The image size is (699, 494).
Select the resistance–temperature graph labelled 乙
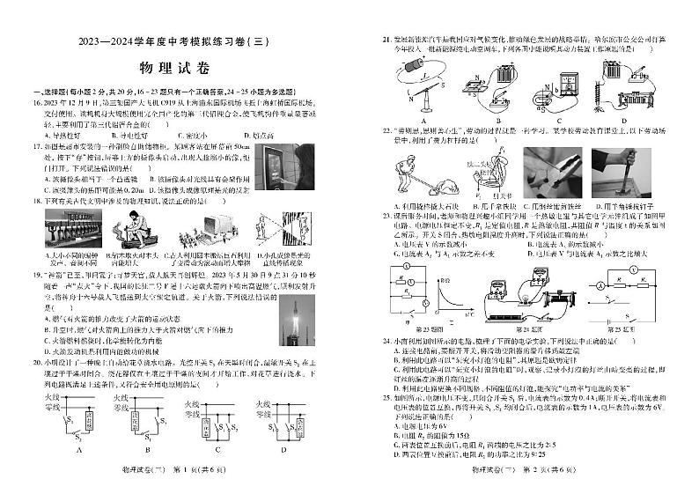[450, 299]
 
